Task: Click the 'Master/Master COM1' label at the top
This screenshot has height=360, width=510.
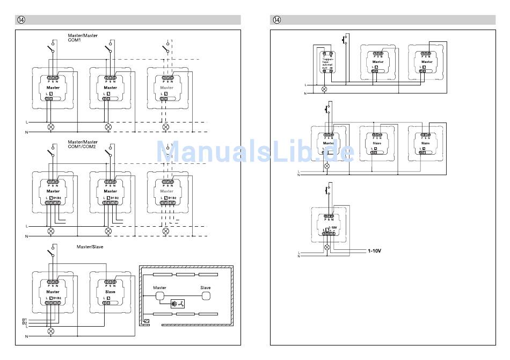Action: (x=83, y=38)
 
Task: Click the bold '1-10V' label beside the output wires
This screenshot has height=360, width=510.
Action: (x=377, y=250)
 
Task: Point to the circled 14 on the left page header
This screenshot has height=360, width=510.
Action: (x=21, y=20)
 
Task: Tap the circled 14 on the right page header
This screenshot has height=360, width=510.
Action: (x=277, y=20)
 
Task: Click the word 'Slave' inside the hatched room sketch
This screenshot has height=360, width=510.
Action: (x=206, y=287)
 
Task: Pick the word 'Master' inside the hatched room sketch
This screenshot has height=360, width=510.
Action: (x=160, y=287)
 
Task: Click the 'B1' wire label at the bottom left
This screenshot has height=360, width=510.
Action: (x=25, y=320)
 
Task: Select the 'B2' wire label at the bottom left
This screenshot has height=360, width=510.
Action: (x=25, y=323)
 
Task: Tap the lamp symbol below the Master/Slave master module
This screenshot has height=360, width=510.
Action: (x=52, y=331)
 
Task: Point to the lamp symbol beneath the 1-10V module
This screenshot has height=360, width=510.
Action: (x=327, y=247)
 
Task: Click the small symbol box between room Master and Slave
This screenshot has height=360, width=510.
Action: (x=177, y=304)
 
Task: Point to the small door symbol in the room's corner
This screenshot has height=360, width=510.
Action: (x=147, y=321)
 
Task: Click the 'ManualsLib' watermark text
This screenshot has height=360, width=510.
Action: (x=255, y=152)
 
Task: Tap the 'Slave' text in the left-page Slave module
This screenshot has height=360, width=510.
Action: (x=110, y=292)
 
